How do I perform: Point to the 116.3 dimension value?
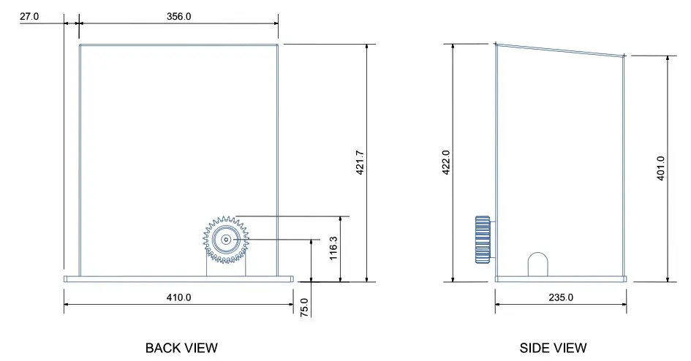tap(333, 248)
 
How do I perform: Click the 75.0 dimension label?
tap(305, 306)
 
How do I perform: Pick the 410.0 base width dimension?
tap(178, 297)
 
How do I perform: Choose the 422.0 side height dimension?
tap(445, 162)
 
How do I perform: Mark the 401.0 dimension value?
tap(660, 168)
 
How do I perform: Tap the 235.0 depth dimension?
tap(561, 297)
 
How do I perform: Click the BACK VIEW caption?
tap(181, 348)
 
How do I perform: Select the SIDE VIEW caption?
tap(553, 348)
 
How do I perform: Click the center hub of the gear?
tap(226, 239)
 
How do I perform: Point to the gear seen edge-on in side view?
tap(483, 240)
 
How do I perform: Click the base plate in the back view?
tap(178, 278)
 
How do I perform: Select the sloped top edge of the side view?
tap(560, 49)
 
